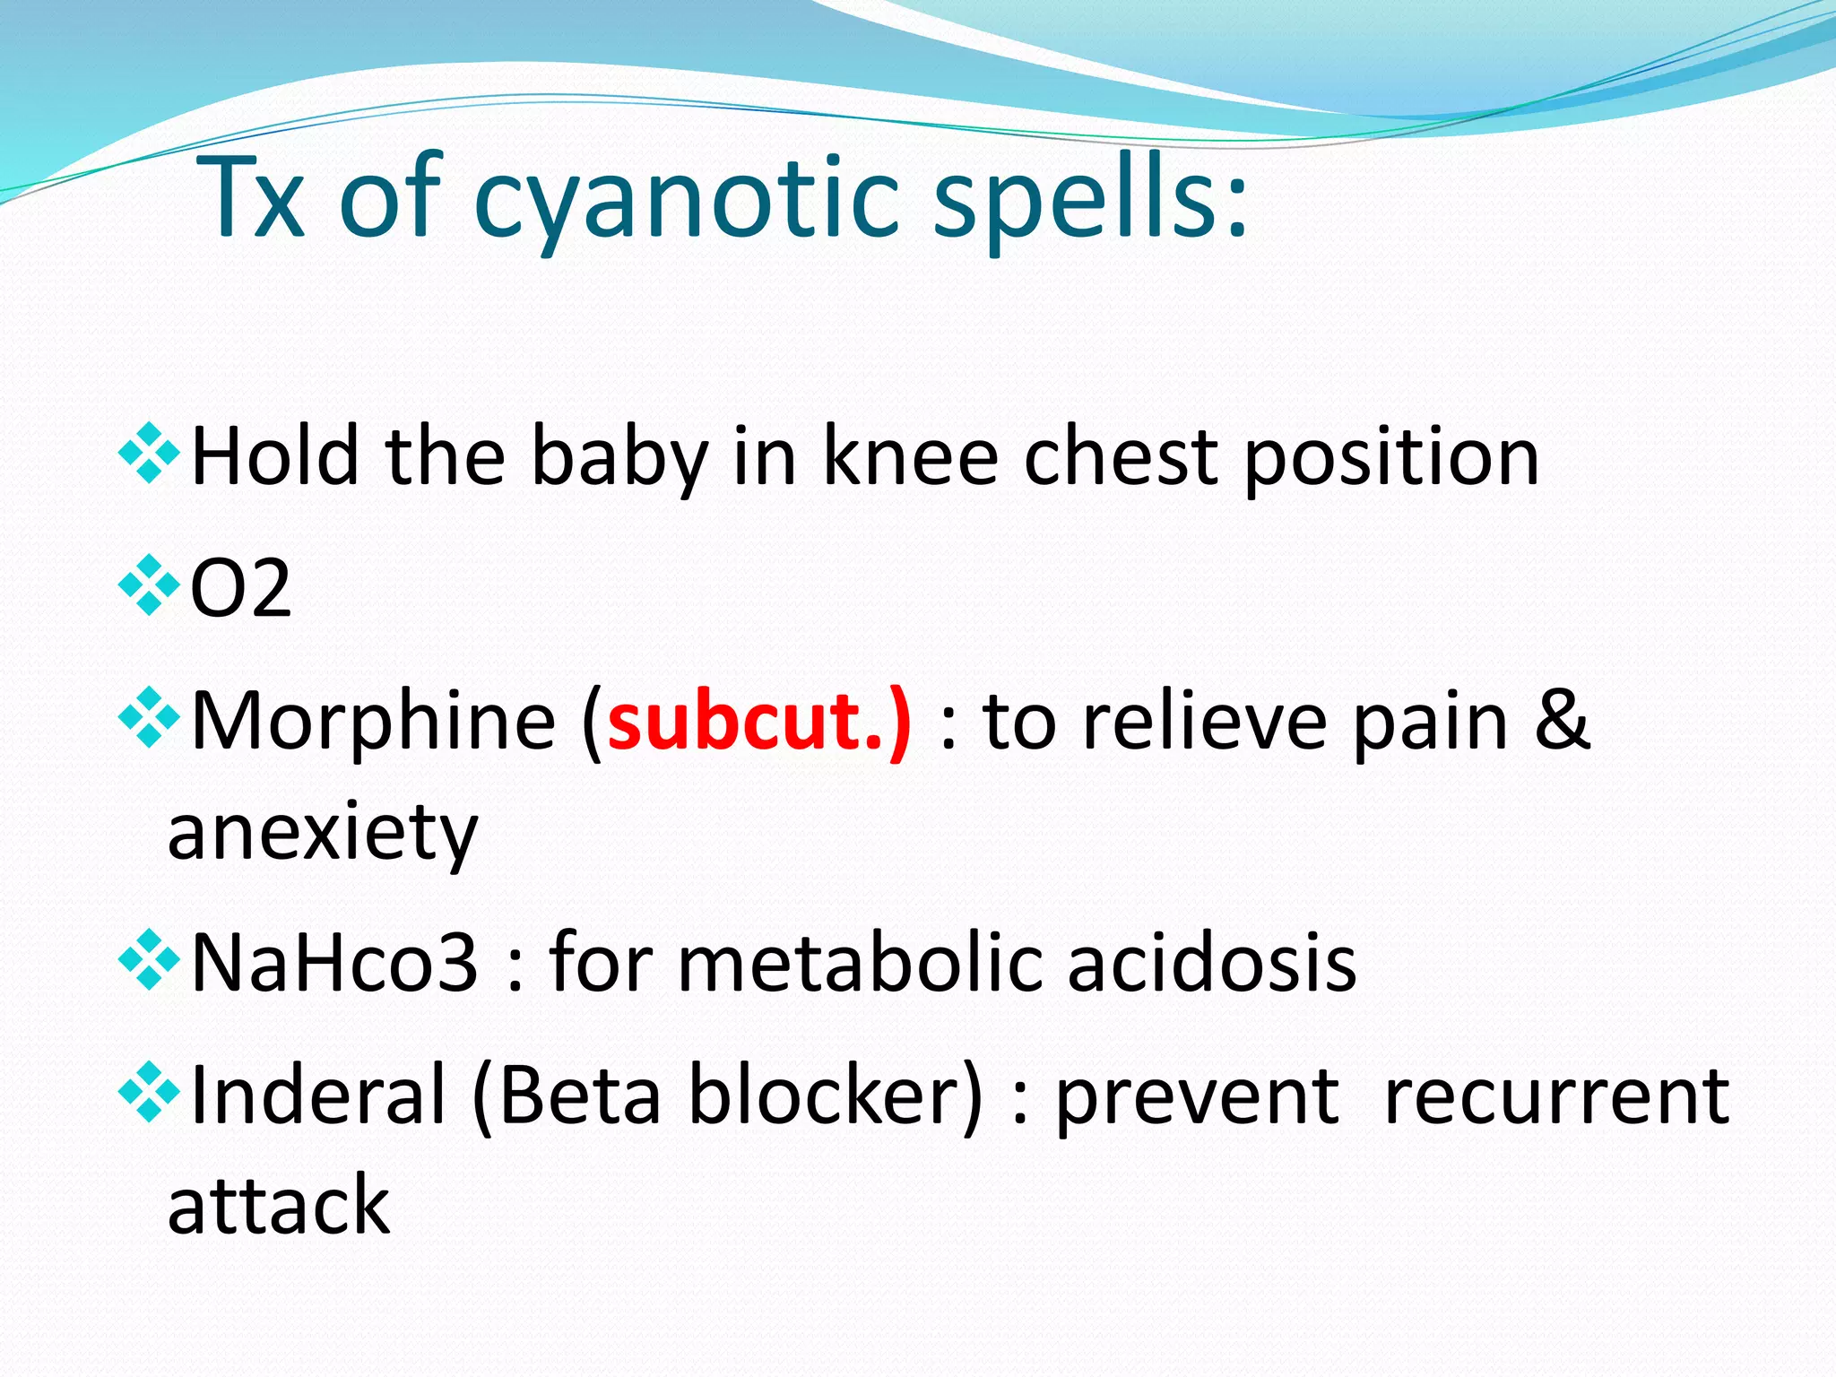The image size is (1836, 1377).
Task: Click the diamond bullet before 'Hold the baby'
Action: pyautogui.click(x=148, y=455)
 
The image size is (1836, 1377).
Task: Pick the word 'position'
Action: pyautogui.click(x=1392, y=457)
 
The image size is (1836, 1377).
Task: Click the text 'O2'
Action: pyautogui.click(x=241, y=589)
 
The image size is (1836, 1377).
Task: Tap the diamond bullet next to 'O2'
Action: pyautogui.click(x=148, y=586)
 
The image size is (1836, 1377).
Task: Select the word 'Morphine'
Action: pyautogui.click(x=374, y=721)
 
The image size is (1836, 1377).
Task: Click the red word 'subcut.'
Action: pyautogui.click(x=758, y=721)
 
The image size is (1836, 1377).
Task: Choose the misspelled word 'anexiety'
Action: pyautogui.click(x=323, y=832)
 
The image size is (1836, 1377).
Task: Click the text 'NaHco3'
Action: pyautogui.click(x=334, y=963)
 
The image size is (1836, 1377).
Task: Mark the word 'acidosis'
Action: pyautogui.click(x=1212, y=963)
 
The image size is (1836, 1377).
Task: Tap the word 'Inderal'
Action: pyautogui.click(x=318, y=1096)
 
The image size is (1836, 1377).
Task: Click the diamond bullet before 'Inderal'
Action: pyautogui.click(x=148, y=1092)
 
